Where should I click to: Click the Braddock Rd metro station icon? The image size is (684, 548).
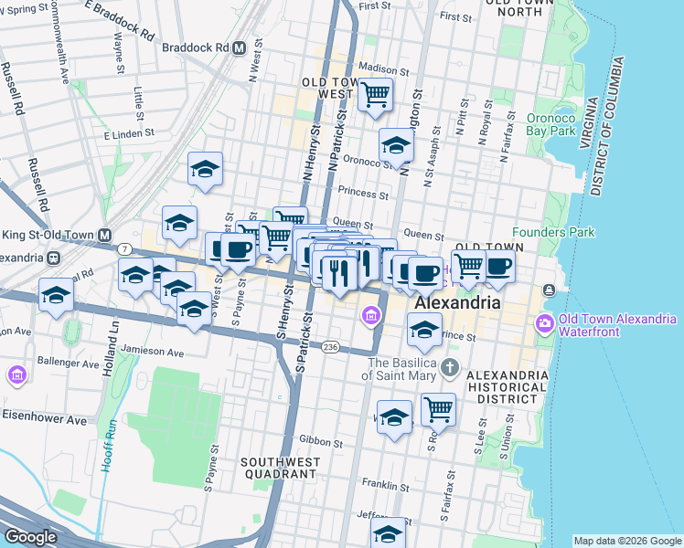pyautogui.click(x=239, y=47)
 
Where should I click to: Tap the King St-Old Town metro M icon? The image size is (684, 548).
pyautogui.click(x=105, y=234)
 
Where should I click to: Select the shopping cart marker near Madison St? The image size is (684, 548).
pyautogui.click(x=375, y=94)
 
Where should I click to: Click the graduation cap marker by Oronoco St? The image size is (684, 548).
pyautogui.click(x=396, y=144)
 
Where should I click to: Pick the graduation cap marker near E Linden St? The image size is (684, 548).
pyautogui.click(x=206, y=168)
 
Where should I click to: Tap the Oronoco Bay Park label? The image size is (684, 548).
pyautogui.click(x=563, y=124)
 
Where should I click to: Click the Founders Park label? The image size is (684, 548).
pyautogui.click(x=553, y=232)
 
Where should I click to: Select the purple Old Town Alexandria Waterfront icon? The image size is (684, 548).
pyautogui.click(x=545, y=323)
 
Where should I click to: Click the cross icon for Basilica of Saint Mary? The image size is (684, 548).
pyautogui.click(x=449, y=367)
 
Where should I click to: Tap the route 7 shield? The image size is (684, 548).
pyautogui.click(x=123, y=248)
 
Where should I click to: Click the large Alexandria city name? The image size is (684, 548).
pyautogui.click(x=457, y=302)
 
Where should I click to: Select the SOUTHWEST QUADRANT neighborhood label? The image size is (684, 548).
pyautogui.click(x=279, y=468)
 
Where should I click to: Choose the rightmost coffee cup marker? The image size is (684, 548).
pyautogui.click(x=498, y=266)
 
